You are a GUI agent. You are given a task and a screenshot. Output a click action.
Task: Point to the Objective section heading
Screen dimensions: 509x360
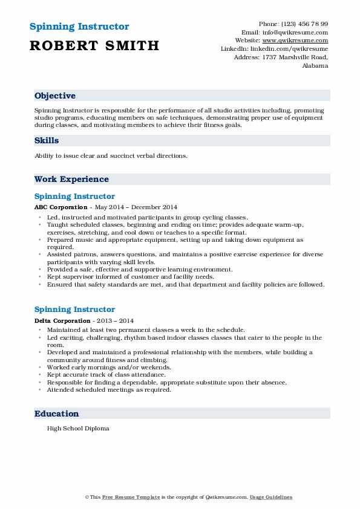(x=55, y=96)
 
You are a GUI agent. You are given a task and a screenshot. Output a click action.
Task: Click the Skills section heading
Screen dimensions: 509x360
(x=47, y=141)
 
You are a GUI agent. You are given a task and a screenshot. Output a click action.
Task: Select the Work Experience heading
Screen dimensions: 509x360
(x=71, y=180)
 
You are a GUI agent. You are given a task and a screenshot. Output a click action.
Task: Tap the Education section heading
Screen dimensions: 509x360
(x=56, y=414)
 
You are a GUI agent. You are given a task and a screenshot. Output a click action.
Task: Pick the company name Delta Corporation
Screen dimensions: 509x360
(x=59, y=320)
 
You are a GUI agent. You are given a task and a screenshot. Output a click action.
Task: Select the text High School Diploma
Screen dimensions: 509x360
(x=78, y=428)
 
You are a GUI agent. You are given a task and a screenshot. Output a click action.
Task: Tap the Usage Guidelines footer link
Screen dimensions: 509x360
(x=272, y=497)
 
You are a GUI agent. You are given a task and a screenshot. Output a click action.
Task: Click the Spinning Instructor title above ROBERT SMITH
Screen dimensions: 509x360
(x=79, y=27)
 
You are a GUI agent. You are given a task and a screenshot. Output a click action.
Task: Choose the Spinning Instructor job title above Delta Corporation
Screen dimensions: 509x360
(x=74, y=310)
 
